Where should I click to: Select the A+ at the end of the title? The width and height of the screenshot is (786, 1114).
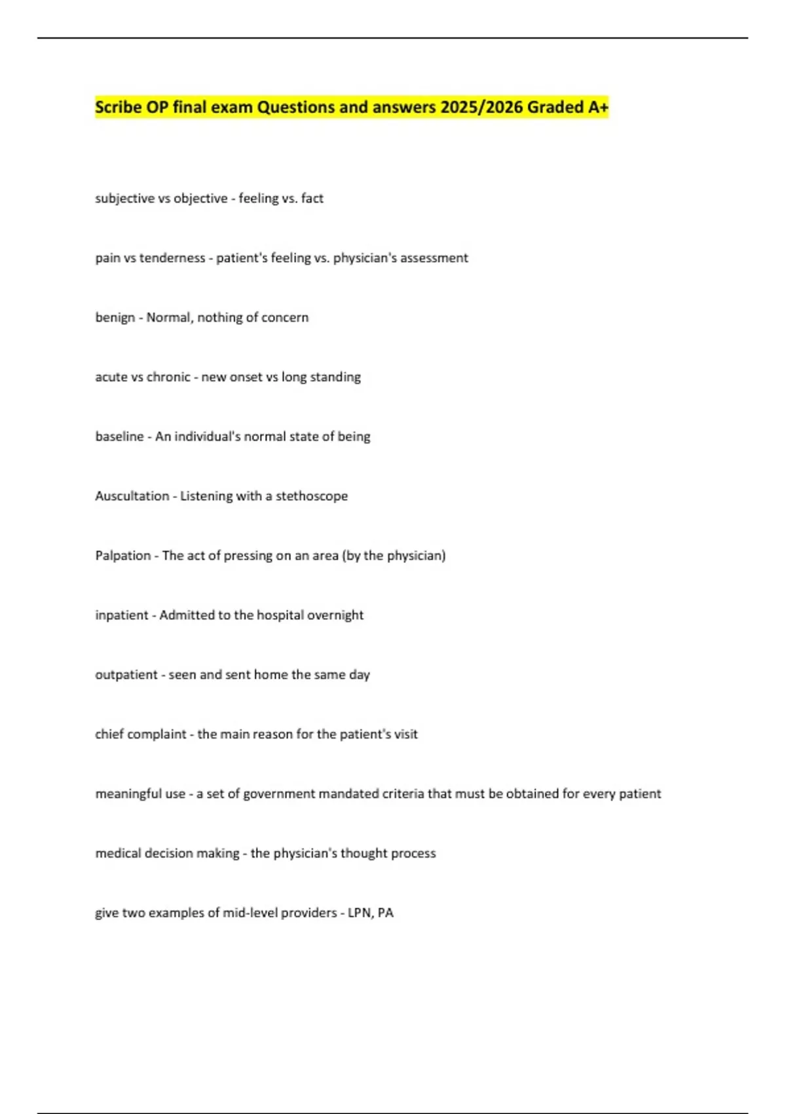(597, 107)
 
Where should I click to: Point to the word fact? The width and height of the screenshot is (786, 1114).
(312, 199)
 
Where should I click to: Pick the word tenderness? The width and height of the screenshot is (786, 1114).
(172, 258)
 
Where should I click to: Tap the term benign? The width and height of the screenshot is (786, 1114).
(115, 318)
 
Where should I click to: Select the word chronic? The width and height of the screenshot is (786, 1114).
(169, 377)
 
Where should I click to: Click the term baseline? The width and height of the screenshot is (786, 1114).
(119, 436)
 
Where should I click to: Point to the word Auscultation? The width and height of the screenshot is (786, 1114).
(132, 496)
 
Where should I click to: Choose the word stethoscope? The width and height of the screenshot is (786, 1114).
(312, 496)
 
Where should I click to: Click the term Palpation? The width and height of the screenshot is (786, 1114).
(122, 556)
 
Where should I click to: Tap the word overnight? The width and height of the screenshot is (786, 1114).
(335, 615)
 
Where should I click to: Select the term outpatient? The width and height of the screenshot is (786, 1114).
(126, 675)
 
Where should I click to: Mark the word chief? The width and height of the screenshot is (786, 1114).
(109, 735)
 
